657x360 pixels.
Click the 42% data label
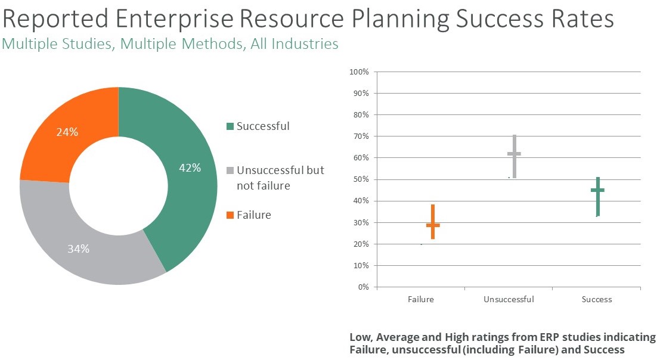[190, 168]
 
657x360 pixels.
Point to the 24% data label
[67, 132]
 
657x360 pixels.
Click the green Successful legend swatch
[230, 126]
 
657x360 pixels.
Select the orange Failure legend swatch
[230, 215]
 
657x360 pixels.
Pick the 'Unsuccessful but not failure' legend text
[280, 178]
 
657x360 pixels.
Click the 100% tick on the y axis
[360, 72]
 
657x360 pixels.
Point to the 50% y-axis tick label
[361, 179]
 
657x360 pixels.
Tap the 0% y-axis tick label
[363, 287]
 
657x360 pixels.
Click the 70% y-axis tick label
[361, 136]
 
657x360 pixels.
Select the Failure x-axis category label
[421, 299]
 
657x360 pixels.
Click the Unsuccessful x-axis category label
[509, 299]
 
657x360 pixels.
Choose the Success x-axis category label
[597, 299]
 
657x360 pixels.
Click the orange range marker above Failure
[433, 224]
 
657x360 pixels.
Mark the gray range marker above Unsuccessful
[514, 154]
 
